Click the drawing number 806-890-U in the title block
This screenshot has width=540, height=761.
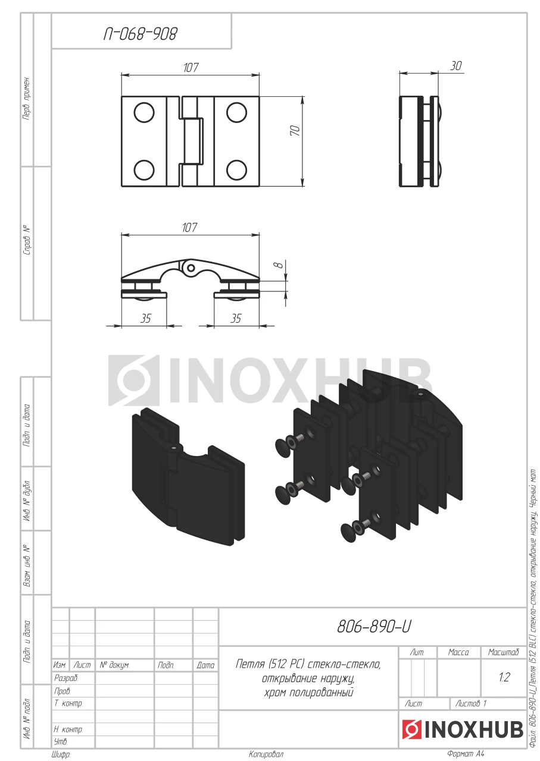(374, 627)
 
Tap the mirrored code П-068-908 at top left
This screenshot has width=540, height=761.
(140, 34)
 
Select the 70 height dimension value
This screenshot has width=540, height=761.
(295, 131)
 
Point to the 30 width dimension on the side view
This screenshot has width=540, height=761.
(456, 65)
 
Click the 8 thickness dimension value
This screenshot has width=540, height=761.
(279, 264)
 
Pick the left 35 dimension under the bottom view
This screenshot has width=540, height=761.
(145, 318)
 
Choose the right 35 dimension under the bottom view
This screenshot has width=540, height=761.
(236, 318)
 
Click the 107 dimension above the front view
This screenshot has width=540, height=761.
(191, 68)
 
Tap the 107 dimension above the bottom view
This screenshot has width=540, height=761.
(189, 227)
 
